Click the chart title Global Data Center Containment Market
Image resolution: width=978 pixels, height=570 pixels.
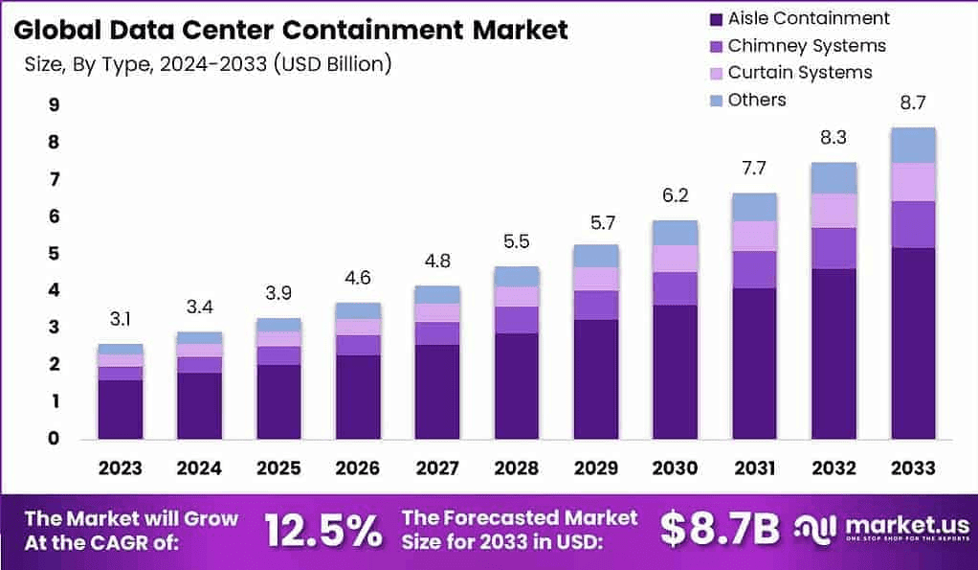pyautogui.click(x=292, y=30)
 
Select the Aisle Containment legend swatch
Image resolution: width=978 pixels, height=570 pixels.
pyautogui.click(x=714, y=18)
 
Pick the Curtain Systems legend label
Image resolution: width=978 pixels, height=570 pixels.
pyautogui.click(x=800, y=72)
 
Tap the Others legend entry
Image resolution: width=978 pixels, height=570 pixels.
pyautogui.click(x=757, y=100)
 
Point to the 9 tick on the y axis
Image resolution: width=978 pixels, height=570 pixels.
pyautogui.click(x=53, y=105)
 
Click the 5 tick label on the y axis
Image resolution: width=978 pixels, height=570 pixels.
pyautogui.click(x=53, y=254)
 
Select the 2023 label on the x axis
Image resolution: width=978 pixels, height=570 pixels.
pyautogui.click(x=120, y=468)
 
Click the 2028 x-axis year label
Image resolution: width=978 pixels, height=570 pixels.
pyautogui.click(x=517, y=468)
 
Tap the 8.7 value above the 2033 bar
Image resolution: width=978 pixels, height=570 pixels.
pyautogui.click(x=913, y=103)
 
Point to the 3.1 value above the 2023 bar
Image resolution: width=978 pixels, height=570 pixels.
pyautogui.click(x=120, y=320)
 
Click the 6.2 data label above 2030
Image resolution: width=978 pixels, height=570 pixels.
pyautogui.click(x=676, y=195)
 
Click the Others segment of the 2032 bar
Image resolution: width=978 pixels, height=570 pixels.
pyautogui.click(x=834, y=178)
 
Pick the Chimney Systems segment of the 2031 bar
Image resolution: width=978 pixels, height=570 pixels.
pyautogui.click(x=754, y=269)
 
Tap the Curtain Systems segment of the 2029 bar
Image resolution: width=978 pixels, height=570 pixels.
pyautogui.click(x=596, y=279)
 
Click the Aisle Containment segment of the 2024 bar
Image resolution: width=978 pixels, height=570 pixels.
pyautogui.click(x=199, y=405)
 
